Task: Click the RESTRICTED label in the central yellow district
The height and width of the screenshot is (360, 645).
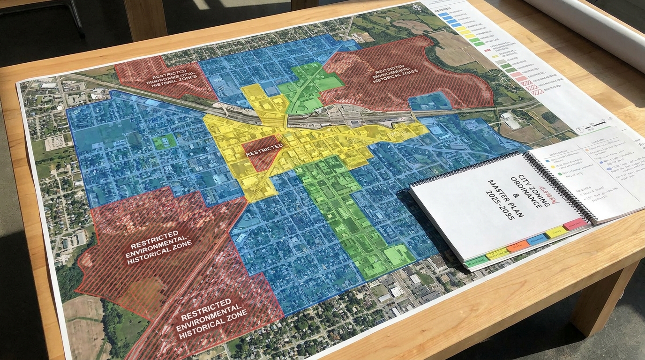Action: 264,147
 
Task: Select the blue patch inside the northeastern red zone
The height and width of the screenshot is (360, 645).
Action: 429,101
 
